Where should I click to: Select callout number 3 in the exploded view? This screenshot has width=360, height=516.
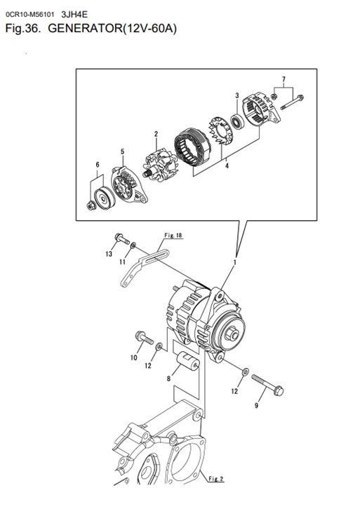237,96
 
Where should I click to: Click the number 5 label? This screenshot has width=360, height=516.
122,151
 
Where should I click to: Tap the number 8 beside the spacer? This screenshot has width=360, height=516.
168,378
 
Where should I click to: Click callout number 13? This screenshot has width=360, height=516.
109,254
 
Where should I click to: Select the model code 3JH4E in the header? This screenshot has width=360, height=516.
75,11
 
